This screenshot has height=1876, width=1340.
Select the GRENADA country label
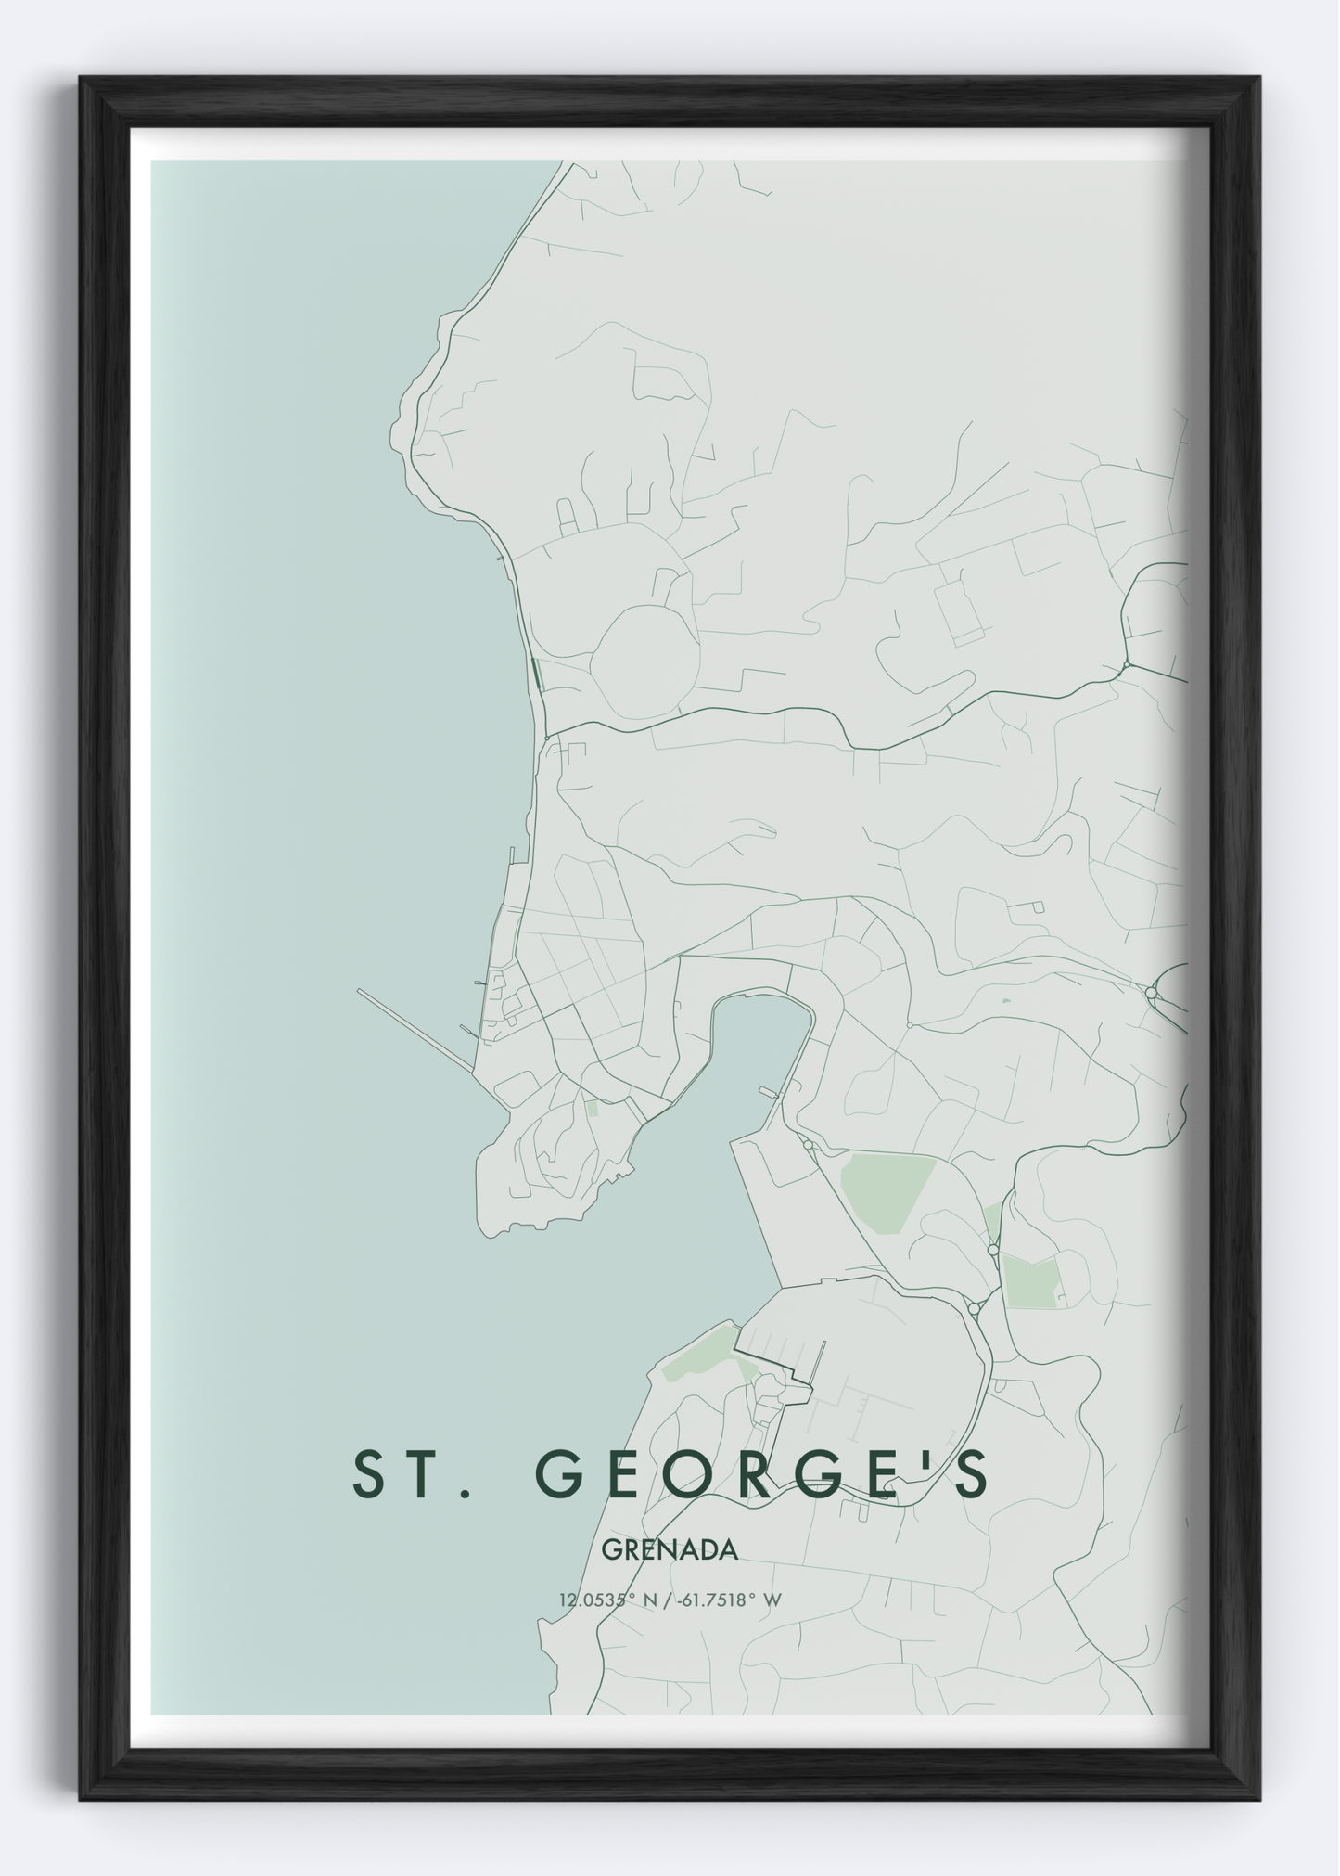[x=670, y=1549]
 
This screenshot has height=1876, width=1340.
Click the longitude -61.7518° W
[x=732, y=1600]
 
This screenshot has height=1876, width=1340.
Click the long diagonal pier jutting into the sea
[x=417, y=1031]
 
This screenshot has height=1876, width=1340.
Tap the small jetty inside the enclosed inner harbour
[x=769, y=1092]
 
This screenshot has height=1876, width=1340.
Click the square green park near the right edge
[x=1030, y=1281]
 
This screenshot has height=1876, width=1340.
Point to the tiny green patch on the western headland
[x=593, y=1107]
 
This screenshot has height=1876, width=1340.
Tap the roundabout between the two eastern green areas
[x=993, y=1251]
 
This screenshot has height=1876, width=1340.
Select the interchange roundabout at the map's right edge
[x=1151, y=993]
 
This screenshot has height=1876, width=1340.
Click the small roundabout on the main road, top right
[x=1125, y=665]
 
